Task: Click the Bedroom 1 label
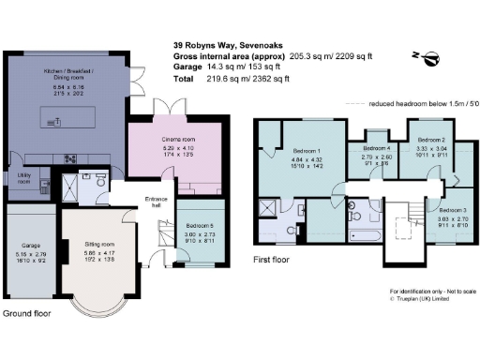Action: tap(307, 150)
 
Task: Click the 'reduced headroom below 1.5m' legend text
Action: tap(417, 105)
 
